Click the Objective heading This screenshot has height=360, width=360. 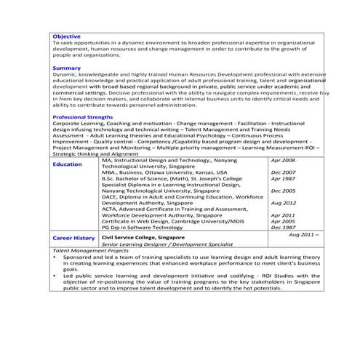coord(67,36)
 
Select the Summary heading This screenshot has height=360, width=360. coord(66,68)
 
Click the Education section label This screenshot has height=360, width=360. coord(68,164)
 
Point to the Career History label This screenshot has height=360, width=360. coord(73,238)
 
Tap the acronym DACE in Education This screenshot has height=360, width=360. coord(109,196)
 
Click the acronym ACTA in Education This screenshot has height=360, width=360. coord(109,209)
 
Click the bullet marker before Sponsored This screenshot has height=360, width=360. coord(55,257)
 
